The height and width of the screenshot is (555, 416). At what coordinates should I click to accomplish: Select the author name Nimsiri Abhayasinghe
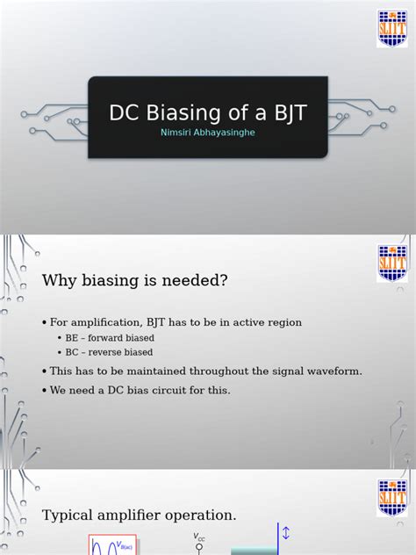[x=208, y=133]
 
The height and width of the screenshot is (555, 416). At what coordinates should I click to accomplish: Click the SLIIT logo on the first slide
[x=391, y=28]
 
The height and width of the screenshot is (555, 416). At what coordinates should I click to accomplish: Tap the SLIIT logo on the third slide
[x=391, y=497]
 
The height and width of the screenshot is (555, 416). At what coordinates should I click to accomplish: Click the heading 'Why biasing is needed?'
[x=135, y=280]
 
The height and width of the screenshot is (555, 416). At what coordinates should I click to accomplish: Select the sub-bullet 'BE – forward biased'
[x=110, y=338]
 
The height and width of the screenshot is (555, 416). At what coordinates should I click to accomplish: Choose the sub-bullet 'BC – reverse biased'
[x=109, y=352]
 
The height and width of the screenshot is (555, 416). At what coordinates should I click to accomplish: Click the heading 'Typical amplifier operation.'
[x=140, y=515]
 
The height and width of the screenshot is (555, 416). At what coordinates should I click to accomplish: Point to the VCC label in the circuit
[x=199, y=537]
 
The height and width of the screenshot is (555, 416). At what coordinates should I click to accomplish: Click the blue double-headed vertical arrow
[x=285, y=534]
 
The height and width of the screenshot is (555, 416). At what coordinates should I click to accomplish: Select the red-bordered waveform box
[x=112, y=544]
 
